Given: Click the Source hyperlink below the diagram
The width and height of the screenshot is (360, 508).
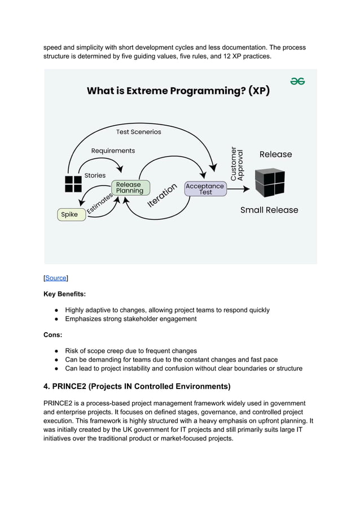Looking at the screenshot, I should click(56, 278).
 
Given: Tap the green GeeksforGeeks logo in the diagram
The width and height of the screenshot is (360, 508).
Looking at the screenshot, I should click(297, 81).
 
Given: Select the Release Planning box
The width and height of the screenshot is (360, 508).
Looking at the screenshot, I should click(130, 188).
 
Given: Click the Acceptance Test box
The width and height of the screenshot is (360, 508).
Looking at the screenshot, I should click(205, 189).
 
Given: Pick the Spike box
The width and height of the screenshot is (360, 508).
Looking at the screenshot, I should click(72, 214).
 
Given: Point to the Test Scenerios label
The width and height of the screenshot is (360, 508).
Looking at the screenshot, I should click(138, 132).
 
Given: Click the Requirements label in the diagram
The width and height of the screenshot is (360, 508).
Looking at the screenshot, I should click(113, 151).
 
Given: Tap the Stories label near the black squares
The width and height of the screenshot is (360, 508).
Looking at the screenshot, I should click(95, 175).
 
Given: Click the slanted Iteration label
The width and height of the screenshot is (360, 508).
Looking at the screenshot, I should click(163, 195).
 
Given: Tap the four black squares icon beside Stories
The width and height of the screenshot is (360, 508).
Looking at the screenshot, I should click(73, 184).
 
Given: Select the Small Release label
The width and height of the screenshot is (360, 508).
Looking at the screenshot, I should click(269, 210).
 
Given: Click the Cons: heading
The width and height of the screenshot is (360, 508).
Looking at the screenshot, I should click(54, 335).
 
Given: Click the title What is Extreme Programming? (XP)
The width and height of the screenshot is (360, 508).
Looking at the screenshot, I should click(178, 91).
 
